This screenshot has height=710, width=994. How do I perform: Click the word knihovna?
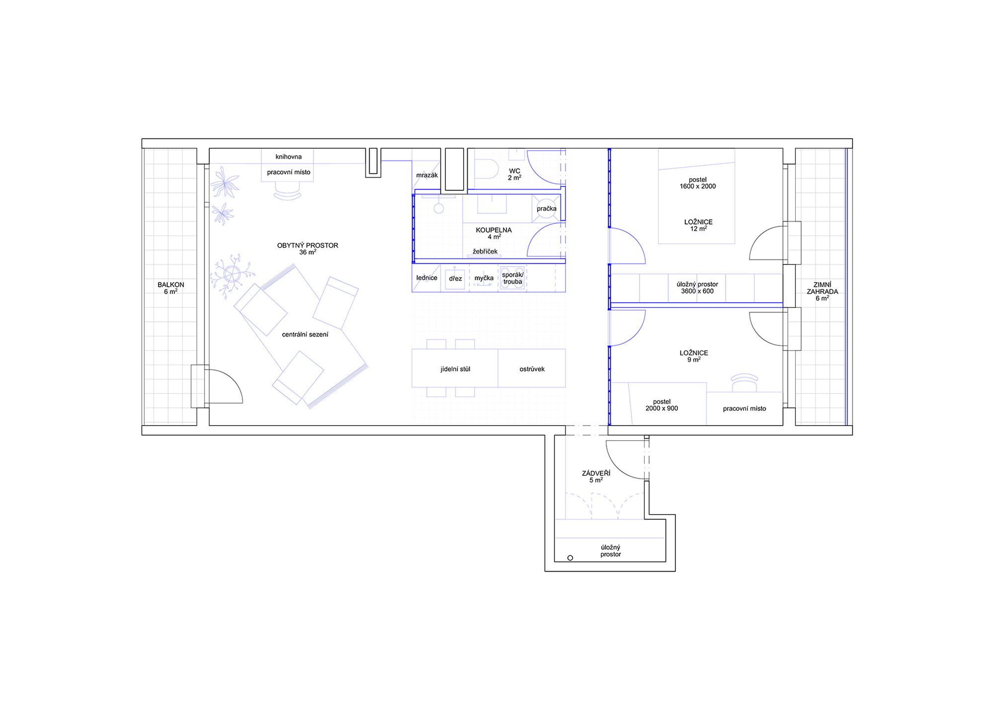click(288, 157)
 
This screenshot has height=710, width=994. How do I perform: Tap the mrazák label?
click(427, 175)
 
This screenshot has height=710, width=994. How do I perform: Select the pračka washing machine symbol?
click(546, 208)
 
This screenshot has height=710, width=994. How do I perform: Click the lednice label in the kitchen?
click(426, 277)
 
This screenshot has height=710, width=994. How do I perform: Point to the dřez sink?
click(455, 279)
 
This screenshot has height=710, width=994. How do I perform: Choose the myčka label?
click(484, 278)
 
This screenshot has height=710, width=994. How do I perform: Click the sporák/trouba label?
click(512, 278)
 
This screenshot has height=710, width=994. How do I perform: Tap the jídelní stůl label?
click(455, 369)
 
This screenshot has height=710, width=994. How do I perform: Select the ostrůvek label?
click(532, 369)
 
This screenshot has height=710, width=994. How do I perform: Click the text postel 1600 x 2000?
click(698, 183)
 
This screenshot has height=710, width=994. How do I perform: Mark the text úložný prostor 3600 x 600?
click(697, 288)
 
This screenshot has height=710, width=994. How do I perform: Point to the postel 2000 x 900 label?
click(662, 405)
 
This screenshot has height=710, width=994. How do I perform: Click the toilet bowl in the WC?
click(487, 169)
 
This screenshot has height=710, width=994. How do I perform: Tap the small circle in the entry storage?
click(570, 558)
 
